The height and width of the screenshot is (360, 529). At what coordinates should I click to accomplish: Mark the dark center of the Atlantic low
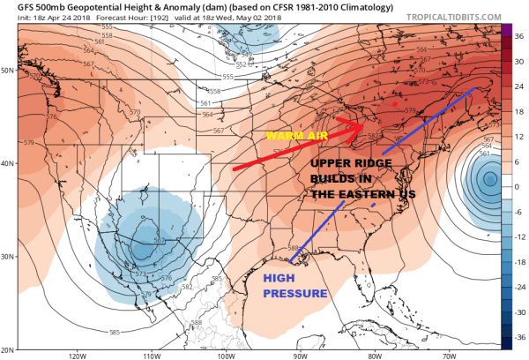490,180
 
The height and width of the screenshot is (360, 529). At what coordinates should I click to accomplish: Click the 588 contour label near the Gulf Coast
295,248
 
